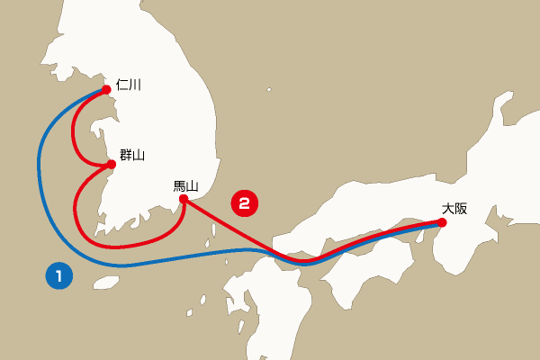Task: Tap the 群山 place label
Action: pyautogui.click(x=132, y=155)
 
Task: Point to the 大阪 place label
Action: pyautogui.click(x=454, y=208)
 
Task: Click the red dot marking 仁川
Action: pyautogui.click(x=107, y=89)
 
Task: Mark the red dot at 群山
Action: pyautogui.click(x=112, y=165)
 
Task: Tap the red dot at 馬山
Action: pyautogui.click(x=183, y=199)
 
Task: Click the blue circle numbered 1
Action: pyautogui.click(x=58, y=276)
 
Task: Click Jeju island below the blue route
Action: pyautogui.click(x=106, y=283)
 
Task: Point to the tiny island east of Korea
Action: pyautogui.click(x=269, y=89)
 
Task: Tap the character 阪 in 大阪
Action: pyautogui.click(x=461, y=208)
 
